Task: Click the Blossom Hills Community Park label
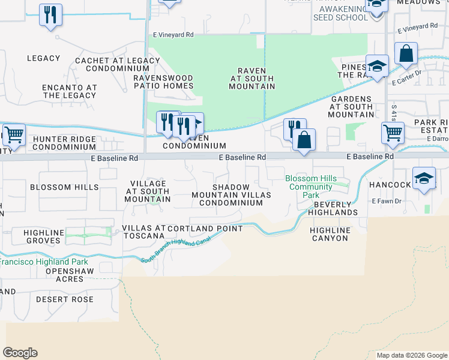point(309,187)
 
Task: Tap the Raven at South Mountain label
point(252,79)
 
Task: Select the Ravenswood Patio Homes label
point(163,82)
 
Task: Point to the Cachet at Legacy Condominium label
point(116,64)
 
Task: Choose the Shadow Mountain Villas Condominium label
point(231,195)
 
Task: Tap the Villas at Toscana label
point(143,232)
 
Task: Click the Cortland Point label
point(206,229)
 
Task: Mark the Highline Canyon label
point(330,234)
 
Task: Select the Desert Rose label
point(65,299)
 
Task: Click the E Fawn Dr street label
point(386,201)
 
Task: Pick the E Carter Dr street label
point(408,79)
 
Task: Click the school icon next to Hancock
point(424,179)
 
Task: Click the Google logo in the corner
point(20,353)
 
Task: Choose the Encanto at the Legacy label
point(70,91)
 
